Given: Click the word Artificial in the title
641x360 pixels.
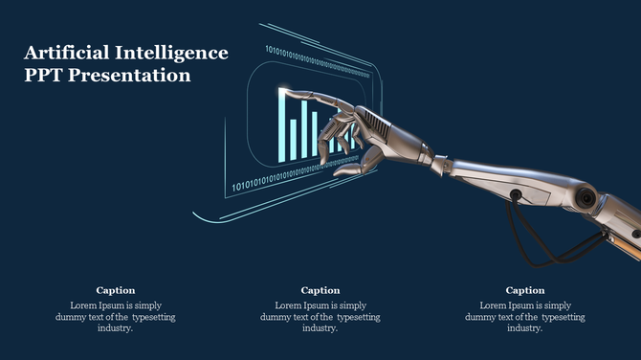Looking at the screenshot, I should coord(63,53).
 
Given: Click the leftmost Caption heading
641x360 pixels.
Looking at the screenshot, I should coord(116,290).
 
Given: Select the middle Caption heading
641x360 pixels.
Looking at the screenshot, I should coord(320,290).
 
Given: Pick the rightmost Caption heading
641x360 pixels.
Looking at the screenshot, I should coord(525,290).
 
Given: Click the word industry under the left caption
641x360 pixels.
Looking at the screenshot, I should coord(114,328).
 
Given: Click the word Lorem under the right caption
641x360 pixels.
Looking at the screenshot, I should coord(494,305).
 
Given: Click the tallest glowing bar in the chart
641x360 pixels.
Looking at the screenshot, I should coord(283,125).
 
